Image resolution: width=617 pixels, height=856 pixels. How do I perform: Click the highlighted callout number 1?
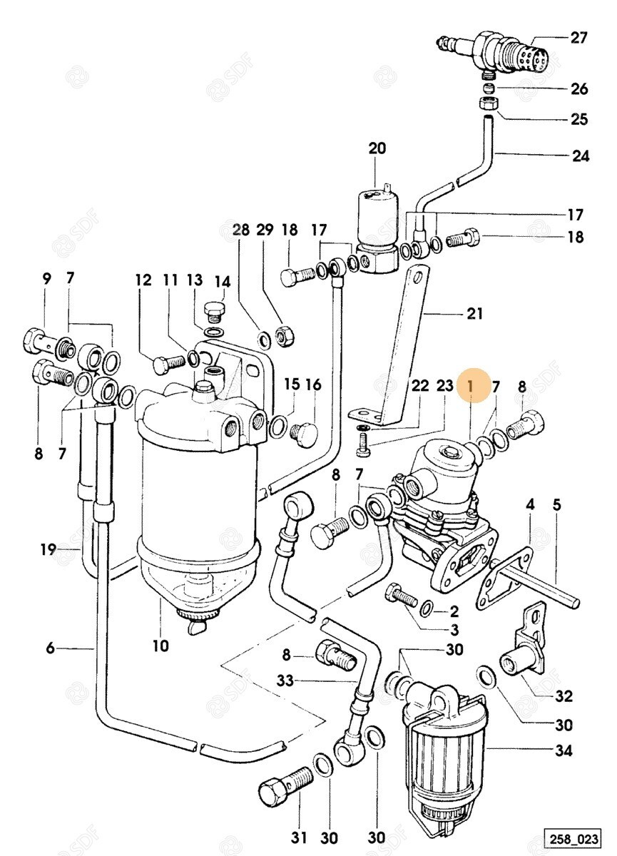coord(471,387)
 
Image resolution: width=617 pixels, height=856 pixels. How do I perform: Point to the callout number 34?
coord(563,751)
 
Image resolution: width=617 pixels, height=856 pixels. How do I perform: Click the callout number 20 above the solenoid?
coord(377,148)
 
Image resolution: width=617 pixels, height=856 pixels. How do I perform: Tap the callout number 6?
coord(50,648)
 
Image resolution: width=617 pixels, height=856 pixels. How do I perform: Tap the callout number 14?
coord(223,280)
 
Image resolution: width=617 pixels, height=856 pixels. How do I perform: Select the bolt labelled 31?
coord(282,783)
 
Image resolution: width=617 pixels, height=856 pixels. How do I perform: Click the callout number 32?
coord(564,696)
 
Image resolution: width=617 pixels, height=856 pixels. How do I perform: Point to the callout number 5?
coord(556,505)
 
